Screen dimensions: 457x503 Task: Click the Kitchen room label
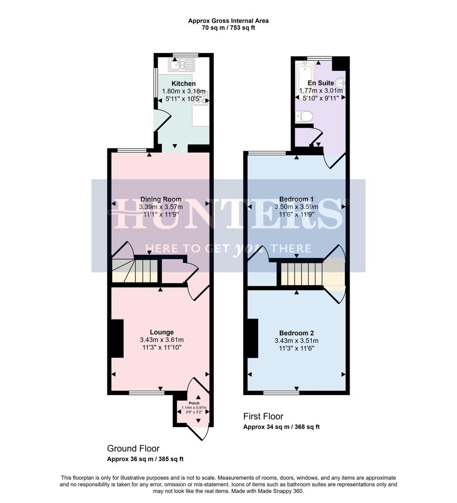[x=184, y=83]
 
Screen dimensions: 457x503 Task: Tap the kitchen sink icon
[x=182, y=65]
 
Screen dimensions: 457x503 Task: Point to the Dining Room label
[x=161, y=199]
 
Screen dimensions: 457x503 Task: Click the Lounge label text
[x=162, y=333]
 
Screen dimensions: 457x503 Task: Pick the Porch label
[x=194, y=403]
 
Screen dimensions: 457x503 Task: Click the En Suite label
[x=321, y=83]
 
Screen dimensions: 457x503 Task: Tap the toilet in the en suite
[x=304, y=116]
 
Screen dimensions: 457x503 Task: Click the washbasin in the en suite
[x=341, y=83]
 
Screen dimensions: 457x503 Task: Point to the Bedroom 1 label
[x=297, y=199]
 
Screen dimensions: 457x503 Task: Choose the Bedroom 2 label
[x=297, y=333]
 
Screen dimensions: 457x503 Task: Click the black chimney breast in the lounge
[x=117, y=338]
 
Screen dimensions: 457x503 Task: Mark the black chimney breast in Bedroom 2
[x=253, y=338]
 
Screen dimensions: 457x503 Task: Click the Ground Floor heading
[x=133, y=449]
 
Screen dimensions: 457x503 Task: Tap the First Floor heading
[x=263, y=416]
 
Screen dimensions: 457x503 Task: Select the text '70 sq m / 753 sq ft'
[x=228, y=27]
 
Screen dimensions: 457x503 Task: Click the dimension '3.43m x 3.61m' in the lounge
[x=162, y=340]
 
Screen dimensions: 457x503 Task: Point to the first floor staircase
[x=302, y=274]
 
